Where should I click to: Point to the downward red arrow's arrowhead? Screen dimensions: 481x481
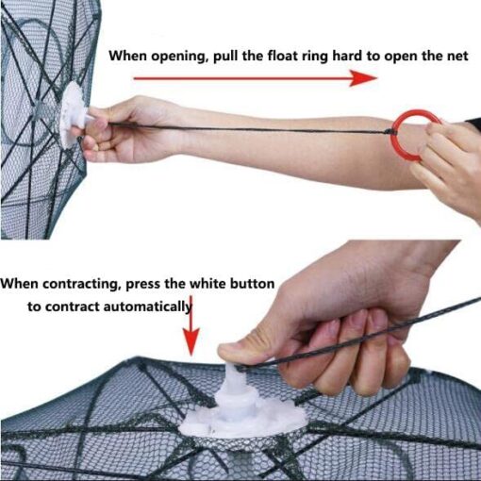[191, 341]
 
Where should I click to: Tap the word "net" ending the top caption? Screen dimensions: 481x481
[456, 57]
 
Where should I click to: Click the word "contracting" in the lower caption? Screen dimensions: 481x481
[82, 285]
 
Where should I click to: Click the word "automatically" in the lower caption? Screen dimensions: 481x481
[147, 307]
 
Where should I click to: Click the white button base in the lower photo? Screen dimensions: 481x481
[241, 408]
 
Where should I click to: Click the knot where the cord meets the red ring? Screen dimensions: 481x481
[390, 132]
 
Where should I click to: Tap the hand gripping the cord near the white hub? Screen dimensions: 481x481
[125, 129]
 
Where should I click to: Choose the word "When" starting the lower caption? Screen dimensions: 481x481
[20, 284]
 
